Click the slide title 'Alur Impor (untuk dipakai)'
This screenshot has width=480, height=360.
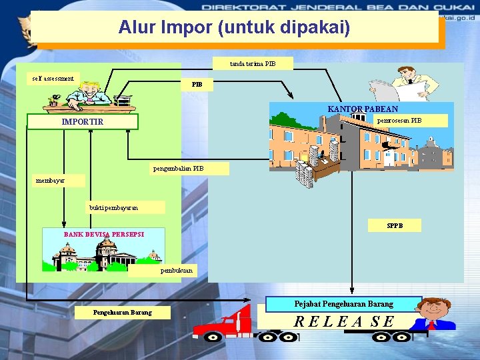(x=234, y=27)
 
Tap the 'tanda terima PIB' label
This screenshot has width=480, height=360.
(x=252, y=64)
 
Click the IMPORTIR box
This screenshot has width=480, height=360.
(x=83, y=122)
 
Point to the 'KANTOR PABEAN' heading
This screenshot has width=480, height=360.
(x=363, y=109)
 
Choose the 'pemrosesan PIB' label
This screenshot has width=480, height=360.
(x=399, y=121)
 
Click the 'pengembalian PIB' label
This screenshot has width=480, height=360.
(x=178, y=169)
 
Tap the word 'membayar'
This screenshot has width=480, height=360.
(x=50, y=180)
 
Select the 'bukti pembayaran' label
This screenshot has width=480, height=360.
(x=113, y=208)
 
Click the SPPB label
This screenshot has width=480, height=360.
(x=395, y=226)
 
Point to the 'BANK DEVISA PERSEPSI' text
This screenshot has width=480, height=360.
(x=104, y=235)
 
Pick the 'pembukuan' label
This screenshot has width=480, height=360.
(x=177, y=271)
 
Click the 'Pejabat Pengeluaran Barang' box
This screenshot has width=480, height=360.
(x=343, y=304)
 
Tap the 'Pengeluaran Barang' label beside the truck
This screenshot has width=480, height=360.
(x=122, y=313)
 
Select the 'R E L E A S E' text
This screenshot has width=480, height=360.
(x=345, y=321)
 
